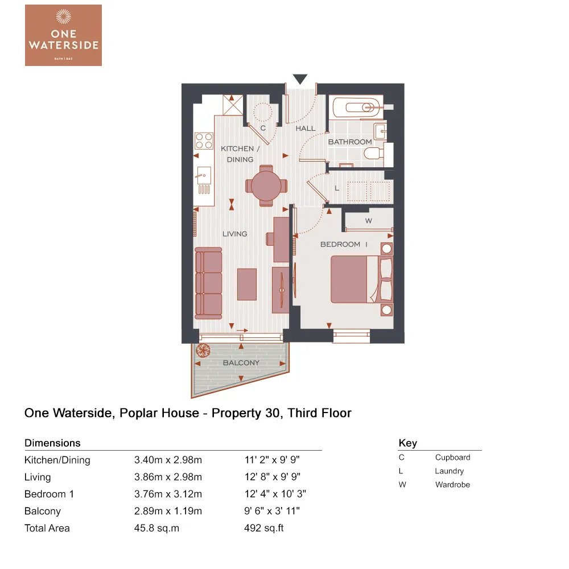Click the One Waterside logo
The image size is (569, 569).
tap(63, 35)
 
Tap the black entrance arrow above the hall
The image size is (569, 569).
tap(300, 79)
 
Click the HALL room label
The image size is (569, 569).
tap(306, 129)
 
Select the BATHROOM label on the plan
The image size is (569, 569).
tap(350, 142)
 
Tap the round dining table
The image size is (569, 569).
tap(266, 185)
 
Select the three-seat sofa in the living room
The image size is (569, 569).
tap(208, 282)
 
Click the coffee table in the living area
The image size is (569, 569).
tap(246, 284)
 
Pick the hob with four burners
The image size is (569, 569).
tap(203, 141)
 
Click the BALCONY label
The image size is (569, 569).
tap(241, 362)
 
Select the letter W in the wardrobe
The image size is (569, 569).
tap(368, 221)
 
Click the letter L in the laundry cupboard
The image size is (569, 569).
tap(337, 187)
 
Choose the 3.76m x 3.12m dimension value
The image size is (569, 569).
tap(168, 494)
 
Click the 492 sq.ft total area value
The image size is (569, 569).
tap(263, 528)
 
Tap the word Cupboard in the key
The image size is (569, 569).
tap(452, 457)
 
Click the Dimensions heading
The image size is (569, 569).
tap(52, 443)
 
